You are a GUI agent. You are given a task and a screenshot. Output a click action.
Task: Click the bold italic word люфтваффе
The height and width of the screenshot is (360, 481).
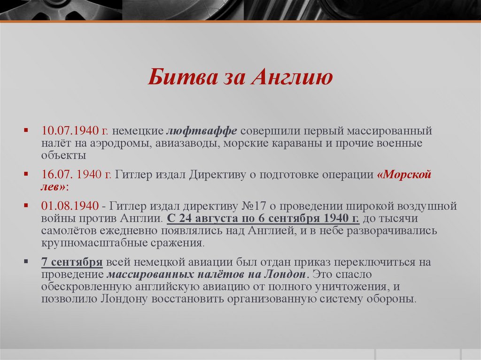pyautogui.click(x=202, y=130)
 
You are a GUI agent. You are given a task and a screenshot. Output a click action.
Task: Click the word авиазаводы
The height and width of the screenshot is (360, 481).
pyautogui.click(x=185, y=143)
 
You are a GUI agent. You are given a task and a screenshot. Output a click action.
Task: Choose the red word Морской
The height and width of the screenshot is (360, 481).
pyautogui.click(x=404, y=175)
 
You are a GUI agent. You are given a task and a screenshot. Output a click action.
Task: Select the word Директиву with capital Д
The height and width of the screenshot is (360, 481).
pyautogui.click(x=219, y=175)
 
